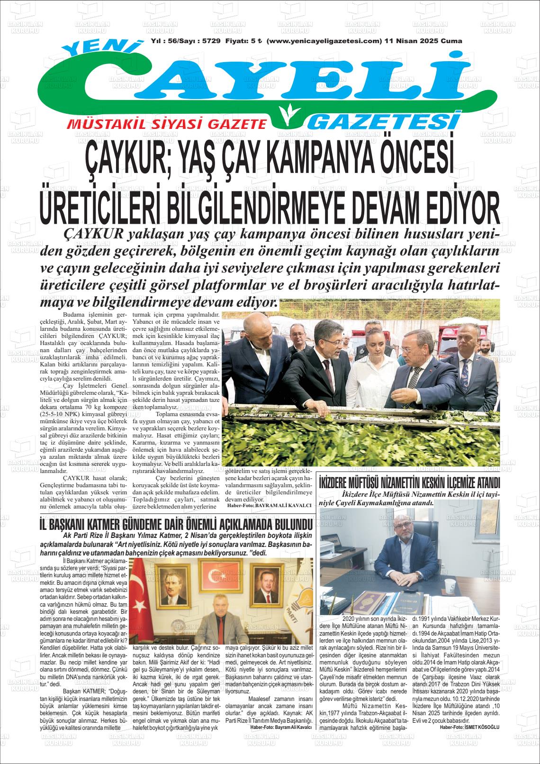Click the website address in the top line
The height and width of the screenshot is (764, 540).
pyautogui.click(x=324, y=41)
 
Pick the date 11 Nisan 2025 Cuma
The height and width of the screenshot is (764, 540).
pyautogui.click(x=423, y=41)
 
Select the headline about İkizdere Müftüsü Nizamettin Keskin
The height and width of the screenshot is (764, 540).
pyautogui.click(x=410, y=483)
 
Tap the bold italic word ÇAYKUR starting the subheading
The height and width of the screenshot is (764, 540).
pyautogui.click(x=93, y=234)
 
